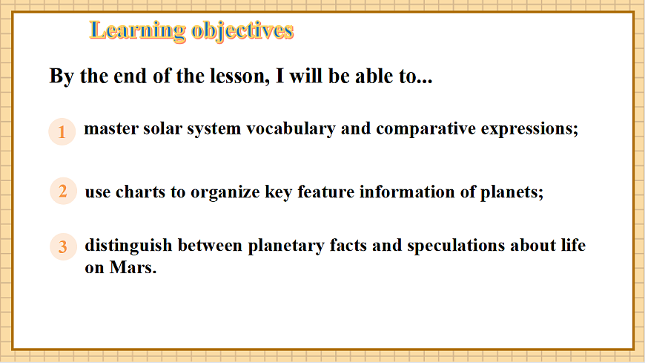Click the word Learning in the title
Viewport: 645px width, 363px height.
coord(137,31)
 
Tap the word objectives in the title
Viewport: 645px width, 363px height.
coord(242,31)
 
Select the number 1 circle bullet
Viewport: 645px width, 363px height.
coord(62,132)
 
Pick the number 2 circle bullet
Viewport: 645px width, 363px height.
coord(63,192)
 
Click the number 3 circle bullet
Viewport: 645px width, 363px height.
coord(63,246)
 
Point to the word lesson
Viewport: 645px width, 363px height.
coord(239,76)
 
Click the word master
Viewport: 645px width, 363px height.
coord(111,129)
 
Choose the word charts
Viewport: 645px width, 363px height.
coord(140,192)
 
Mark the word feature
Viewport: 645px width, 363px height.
coord(325,192)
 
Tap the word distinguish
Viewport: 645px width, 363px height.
coord(128,246)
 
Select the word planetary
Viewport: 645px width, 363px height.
coord(286,246)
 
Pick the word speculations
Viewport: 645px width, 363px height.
coord(456,246)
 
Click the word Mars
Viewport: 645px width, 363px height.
coord(133,268)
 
